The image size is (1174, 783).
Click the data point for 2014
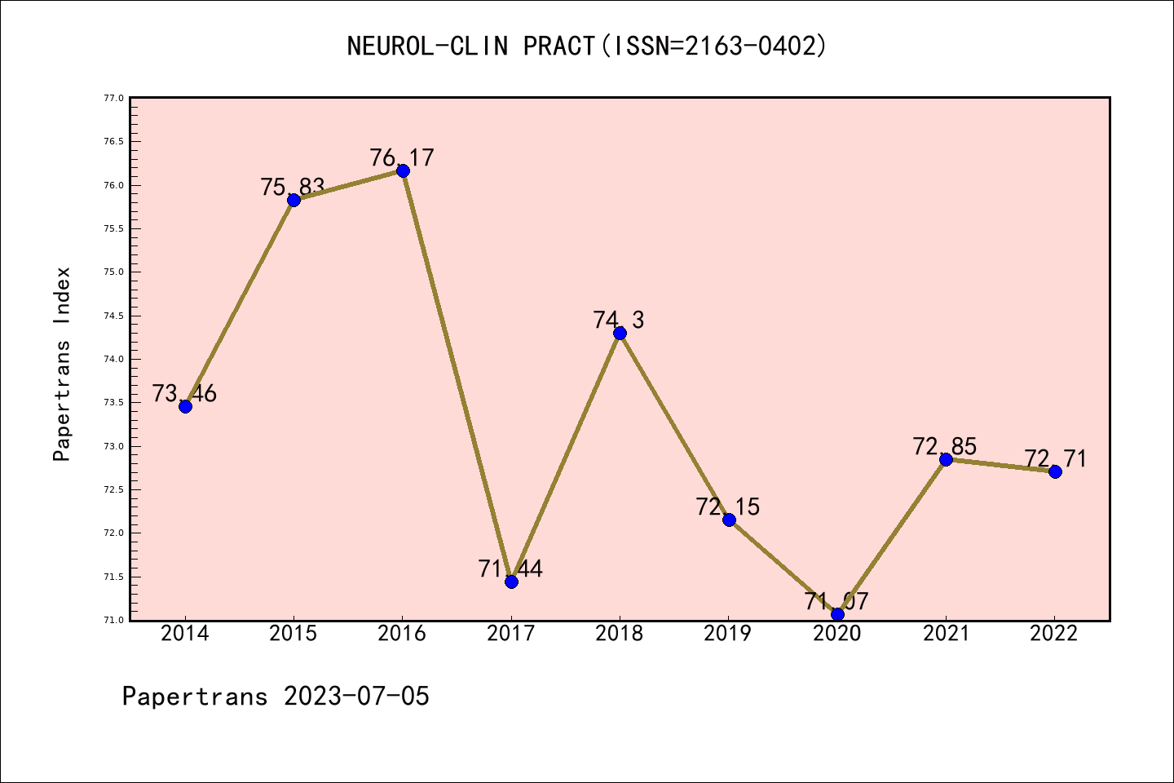coord(185,406)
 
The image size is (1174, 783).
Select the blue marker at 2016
coord(403,170)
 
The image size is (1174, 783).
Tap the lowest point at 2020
coord(837,614)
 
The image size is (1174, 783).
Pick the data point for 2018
coord(620,333)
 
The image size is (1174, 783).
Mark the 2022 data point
coord(1055,471)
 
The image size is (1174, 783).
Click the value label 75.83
coord(293,187)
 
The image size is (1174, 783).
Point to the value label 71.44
coord(510,568)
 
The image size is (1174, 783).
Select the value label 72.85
coord(945,446)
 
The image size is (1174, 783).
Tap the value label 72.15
coord(728,507)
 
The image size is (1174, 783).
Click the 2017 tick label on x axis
coord(511,634)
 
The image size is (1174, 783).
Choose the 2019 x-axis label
coord(728,634)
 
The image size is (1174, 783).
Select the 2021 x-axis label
coord(946,634)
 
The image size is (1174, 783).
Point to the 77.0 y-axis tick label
coord(113,98)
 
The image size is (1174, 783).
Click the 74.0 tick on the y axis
coord(113,359)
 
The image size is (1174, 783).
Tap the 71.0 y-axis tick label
coord(113,620)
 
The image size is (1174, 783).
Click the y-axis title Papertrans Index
coord(62,364)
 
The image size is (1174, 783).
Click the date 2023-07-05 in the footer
coord(356,697)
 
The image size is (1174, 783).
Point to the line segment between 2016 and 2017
coord(457,376)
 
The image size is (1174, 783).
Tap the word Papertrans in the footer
coord(195,697)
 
